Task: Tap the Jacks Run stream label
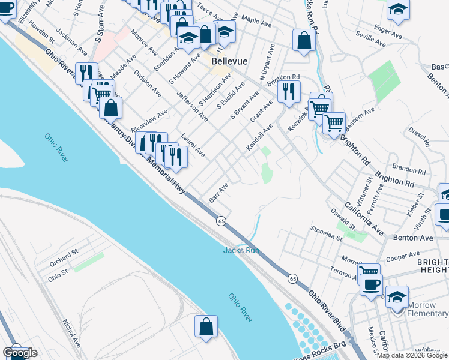coord(241,250)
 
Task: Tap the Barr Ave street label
coord(218,193)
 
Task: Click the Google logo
coord(20,353)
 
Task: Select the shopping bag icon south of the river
coord(206,326)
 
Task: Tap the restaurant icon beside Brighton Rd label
coord(289,91)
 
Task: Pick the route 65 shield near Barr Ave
coord(221,221)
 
